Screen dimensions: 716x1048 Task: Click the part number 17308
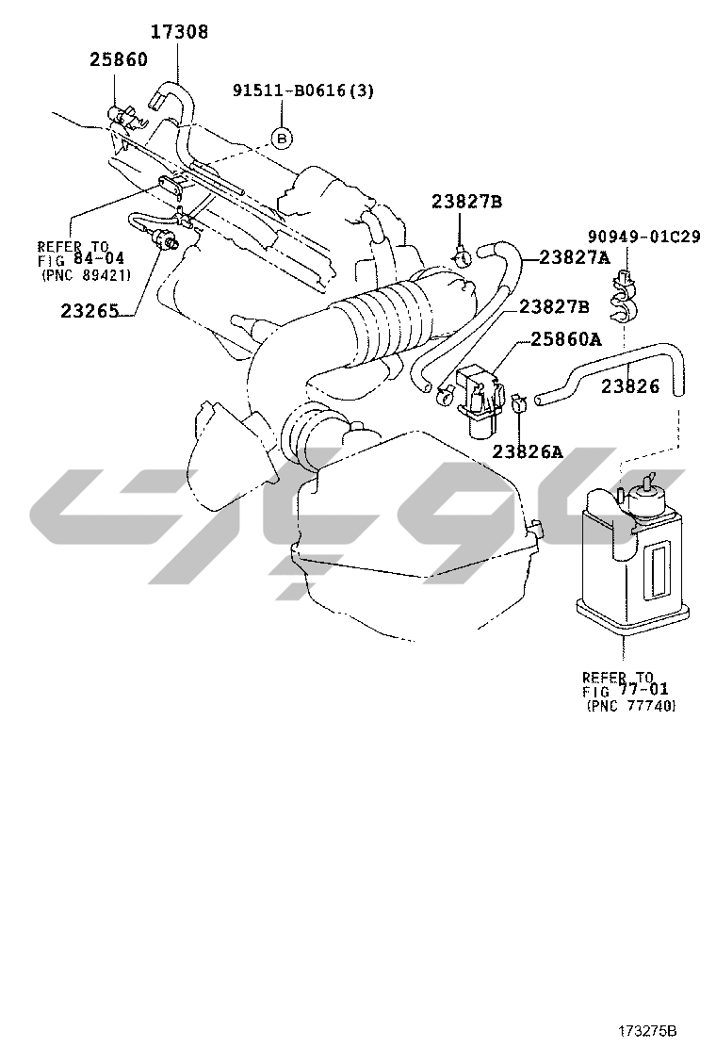[179, 31]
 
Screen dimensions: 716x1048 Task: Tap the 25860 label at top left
[119, 59]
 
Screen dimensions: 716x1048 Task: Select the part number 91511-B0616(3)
[303, 90]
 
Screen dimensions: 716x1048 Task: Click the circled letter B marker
[282, 139]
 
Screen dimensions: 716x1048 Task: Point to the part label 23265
[89, 311]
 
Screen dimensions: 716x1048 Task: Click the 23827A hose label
[575, 257]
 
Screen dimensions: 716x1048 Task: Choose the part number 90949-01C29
[643, 237]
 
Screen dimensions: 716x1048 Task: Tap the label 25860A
[565, 339]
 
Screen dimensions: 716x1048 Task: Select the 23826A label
[528, 451]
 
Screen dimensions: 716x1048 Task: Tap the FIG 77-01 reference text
[626, 691]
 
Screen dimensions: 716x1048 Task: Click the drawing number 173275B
[647, 1030]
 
